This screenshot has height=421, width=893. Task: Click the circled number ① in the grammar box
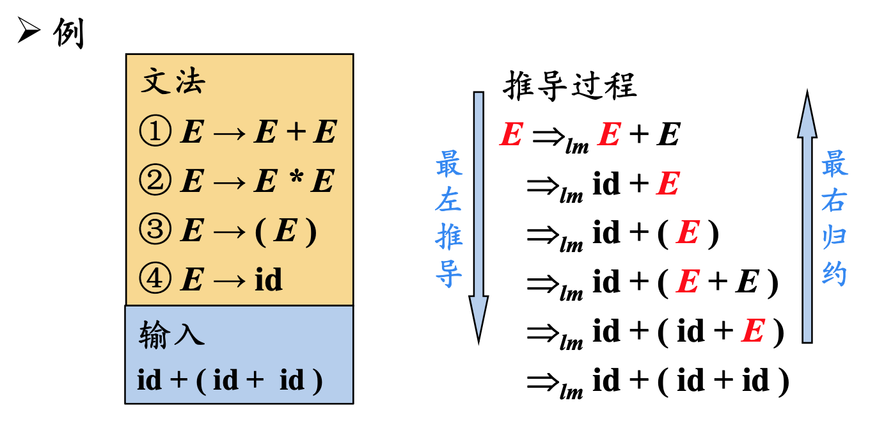pos(155,132)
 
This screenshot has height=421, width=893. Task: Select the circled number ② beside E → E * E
pos(155,181)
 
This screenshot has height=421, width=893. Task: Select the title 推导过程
pos(570,86)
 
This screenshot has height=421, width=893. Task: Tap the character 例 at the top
pos(68,33)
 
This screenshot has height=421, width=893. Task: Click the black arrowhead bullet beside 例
pos(29,31)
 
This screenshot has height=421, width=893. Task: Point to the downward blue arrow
pos(478,218)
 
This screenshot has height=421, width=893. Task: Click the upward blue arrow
pos(807,218)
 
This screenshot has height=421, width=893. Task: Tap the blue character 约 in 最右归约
pos(834,274)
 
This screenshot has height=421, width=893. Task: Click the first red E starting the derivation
pos(511,135)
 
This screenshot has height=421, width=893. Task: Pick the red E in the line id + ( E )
pos(687,234)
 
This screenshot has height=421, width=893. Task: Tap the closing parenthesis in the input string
pos(316,381)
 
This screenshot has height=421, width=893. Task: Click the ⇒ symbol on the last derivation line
pos(544,381)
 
